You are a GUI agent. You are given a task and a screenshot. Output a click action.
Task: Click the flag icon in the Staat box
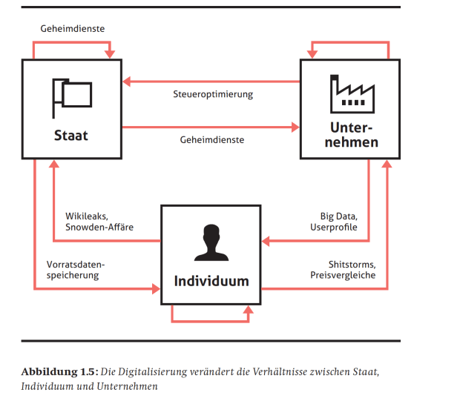tap(72, 96)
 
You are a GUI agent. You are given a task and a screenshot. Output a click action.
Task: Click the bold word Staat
tap(71, 136)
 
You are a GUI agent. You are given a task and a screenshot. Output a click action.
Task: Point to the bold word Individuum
tap(211, 281)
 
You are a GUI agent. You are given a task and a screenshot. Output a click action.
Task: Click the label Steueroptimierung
tap(213, 94)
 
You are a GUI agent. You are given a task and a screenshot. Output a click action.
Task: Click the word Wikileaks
tap(86, 216)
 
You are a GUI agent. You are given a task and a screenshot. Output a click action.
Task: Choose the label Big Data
tap(338, 216)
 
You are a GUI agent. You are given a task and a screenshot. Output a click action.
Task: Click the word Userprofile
tap(333, 227)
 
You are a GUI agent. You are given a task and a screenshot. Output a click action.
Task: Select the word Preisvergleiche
tap(344, 275)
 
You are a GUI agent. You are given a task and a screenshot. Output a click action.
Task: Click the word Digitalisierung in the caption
tap(162, 371)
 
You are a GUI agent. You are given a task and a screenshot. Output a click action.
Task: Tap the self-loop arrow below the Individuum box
tap(211, 321)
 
